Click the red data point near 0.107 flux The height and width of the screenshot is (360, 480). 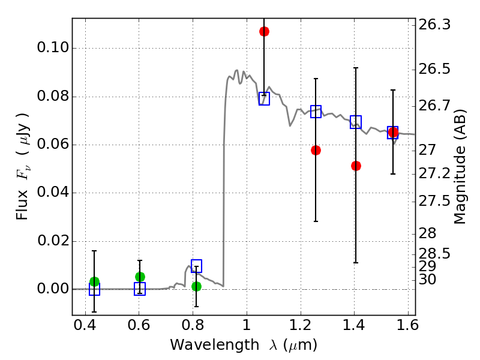[264, 31]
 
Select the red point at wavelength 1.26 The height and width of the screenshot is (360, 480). [316, 150]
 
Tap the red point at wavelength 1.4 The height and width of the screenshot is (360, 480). [356, 166]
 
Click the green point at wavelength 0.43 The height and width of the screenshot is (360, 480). [94, 281]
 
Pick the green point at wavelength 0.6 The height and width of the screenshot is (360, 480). [140, 277]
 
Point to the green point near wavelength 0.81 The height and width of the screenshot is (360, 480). [196, 286]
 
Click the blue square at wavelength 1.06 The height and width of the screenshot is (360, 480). [264, 98]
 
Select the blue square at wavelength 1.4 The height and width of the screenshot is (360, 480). [356, 122]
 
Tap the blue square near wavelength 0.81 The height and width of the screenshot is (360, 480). [196, 266]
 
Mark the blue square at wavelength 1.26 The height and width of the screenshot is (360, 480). [316, 112]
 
